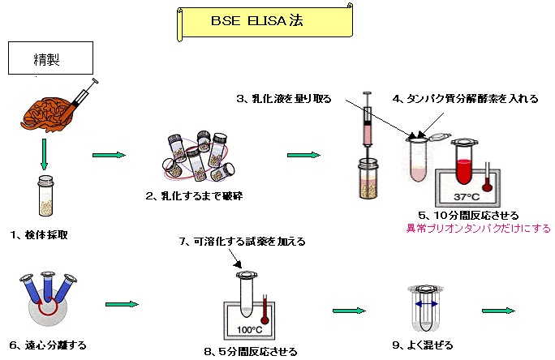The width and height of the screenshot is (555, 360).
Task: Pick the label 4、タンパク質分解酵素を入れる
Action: tap(465, 99)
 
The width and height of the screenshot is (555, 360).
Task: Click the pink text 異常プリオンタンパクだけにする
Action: tap(479, 228)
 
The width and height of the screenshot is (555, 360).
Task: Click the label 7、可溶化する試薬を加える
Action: tap(241, 241)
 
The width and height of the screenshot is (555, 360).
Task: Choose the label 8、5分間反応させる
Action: tap(250, 352)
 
